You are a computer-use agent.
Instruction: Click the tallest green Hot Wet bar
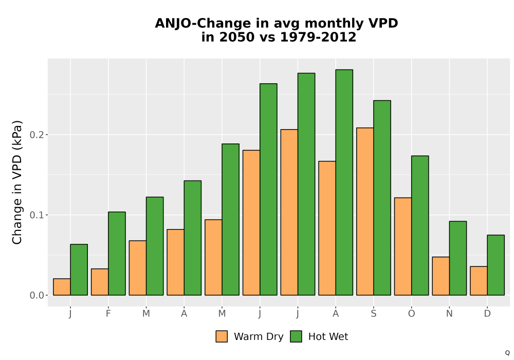click(344, 182)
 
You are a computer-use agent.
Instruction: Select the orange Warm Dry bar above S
click(365, 211)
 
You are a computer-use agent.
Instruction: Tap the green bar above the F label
click(117, 254)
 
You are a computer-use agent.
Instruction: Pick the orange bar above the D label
click(479, 281)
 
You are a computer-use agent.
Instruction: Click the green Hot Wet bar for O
click(420, 226)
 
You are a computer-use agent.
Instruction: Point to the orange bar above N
click(441, 276)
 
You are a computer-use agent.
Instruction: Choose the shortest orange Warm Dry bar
click(62, 287)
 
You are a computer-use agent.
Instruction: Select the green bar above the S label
click(382, 197)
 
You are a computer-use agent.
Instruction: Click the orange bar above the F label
click(100, 282)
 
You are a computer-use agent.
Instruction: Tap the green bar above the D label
click(495, 265)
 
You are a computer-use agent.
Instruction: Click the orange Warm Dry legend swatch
click(222, 336)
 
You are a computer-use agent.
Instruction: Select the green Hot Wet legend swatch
click(296, 336)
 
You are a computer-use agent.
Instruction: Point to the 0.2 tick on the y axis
click(46, 134)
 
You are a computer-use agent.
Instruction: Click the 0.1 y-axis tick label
click(36, 215)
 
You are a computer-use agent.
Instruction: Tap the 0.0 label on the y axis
click(36, 295)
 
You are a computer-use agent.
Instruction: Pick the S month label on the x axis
click(373, 314)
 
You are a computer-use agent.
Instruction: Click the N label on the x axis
click(449, 314)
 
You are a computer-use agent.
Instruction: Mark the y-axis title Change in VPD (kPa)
click(17, 183)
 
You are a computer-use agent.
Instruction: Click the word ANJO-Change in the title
click(203, 23)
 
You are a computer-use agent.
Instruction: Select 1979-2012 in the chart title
click(318, 37)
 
